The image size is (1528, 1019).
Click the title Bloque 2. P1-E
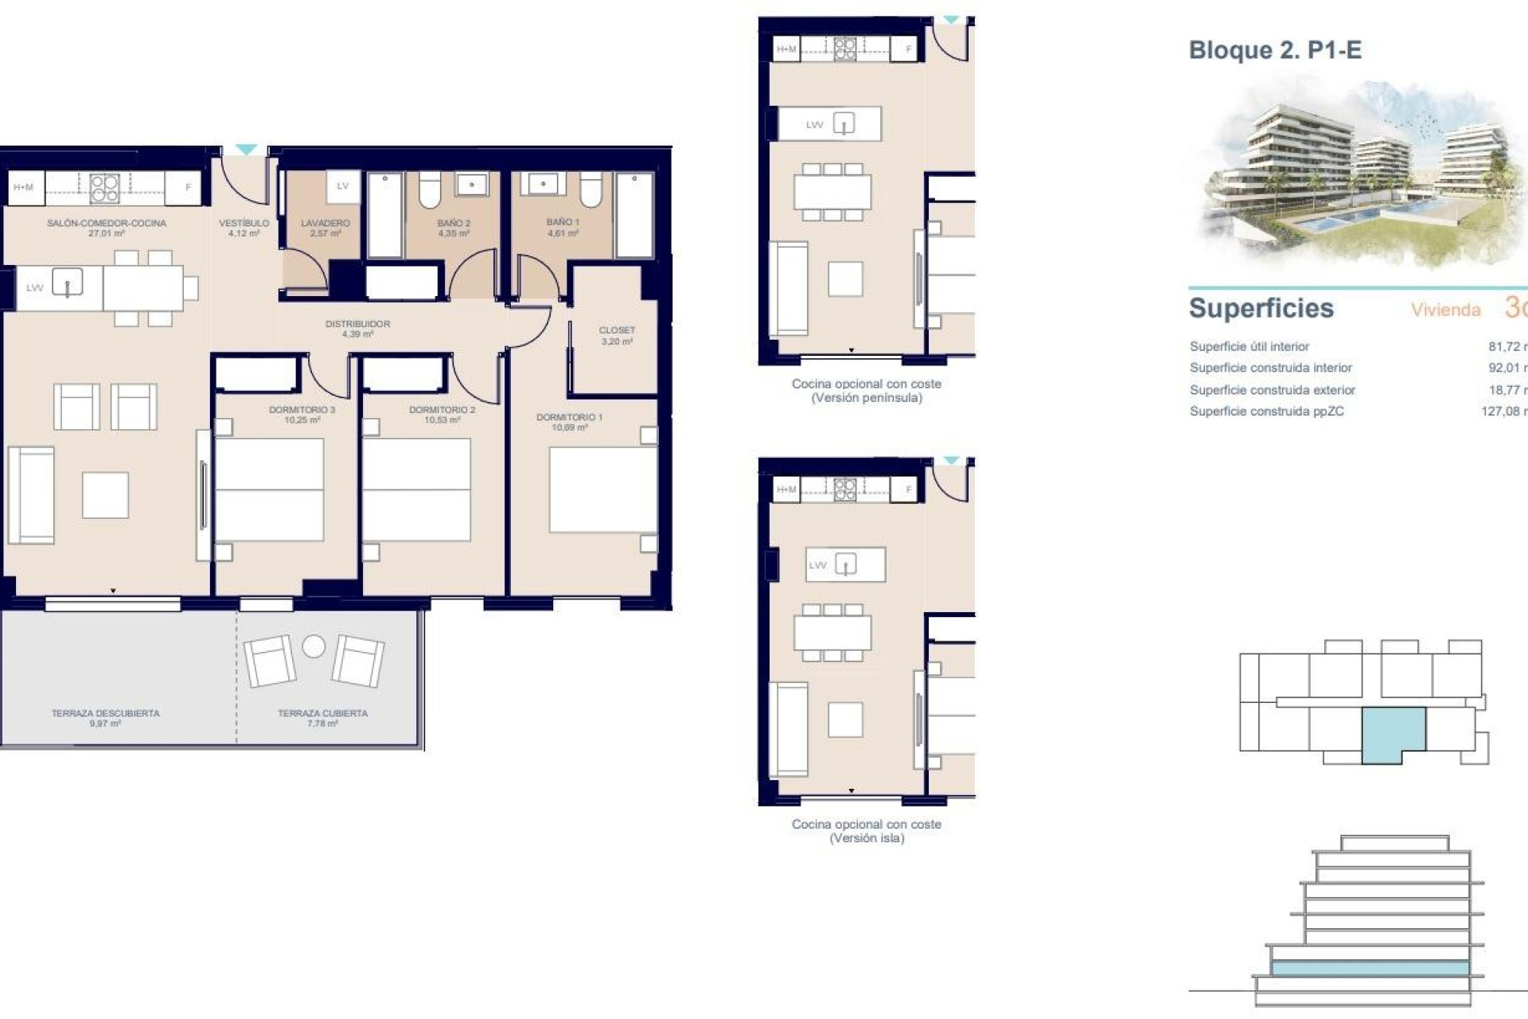pyautogui.click(x=1274, y=50)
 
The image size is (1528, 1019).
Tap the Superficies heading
pyautogui.click(x=1261, y=308)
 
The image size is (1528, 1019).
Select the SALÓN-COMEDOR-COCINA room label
pyautogui.click(x=106, y=228)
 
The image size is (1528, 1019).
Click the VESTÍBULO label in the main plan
pyautogui.click(x=244, y=228)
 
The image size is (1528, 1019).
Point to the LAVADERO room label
pyautogui.click(x=325, y=228)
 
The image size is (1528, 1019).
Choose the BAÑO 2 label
pyautogui.click(x=454, y=228)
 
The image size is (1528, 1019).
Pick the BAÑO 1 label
pyautogui.click(x=563, y=227)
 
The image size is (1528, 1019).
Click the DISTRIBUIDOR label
pyautogui.click(x=357, y=329)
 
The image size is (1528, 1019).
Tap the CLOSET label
pyautogui.click(x=617, y=335)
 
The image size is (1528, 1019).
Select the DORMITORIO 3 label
pyautogui.click(x=302, y=415)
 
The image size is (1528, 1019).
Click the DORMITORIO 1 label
pyautogui.click(x=569, y=422)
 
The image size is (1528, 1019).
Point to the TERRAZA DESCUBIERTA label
pyautogui.click(x=105, y=718)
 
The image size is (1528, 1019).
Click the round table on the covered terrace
pyautogui.click(x=314, y=646)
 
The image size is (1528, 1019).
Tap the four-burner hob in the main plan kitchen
pyautogui.click(x=105, y=189)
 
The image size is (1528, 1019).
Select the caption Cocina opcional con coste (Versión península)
pyautogui.click(x=866, y=390)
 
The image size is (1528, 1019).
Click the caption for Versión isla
pyautogui.click(x=866, y=831)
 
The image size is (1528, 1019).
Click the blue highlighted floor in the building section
pyautogui.click(x=1369, y=968)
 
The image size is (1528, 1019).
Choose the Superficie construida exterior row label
pyautogui.click(x=1272, y=390)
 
